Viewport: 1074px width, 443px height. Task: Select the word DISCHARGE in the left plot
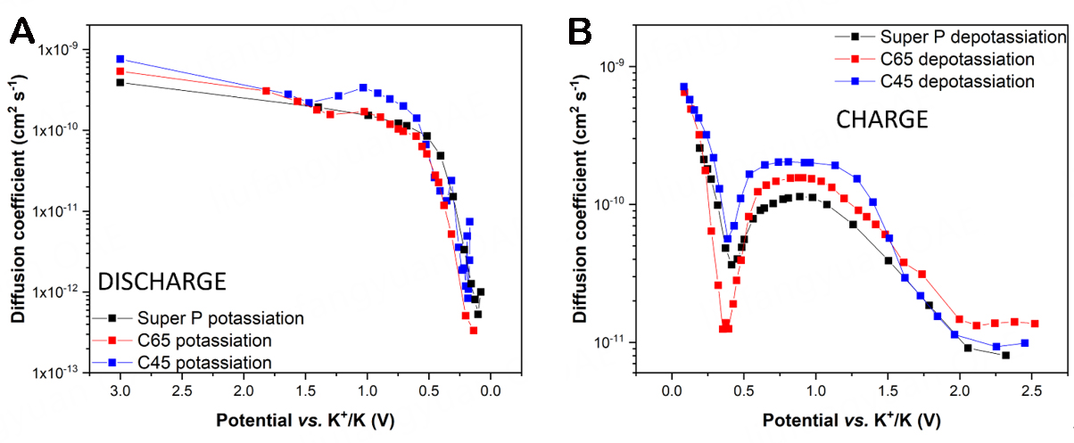click(x=160, y=282)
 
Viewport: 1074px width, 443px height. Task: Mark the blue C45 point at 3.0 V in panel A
click(x=120, y=59)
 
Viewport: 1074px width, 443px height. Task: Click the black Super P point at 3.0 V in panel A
click(x=120, y=82)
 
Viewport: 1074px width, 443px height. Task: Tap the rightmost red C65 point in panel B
click(x=1035, y=324)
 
